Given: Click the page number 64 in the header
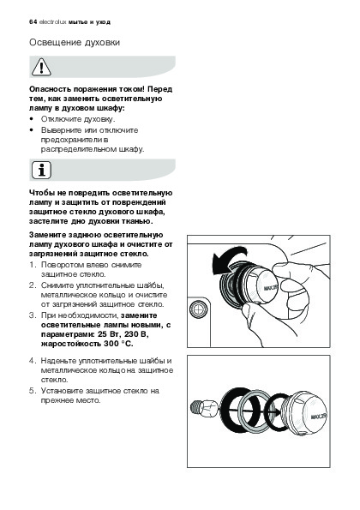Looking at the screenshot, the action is (x=33, y=22).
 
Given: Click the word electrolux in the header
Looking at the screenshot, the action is (x=52, y=22).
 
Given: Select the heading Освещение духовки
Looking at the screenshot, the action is (x=75, y=43).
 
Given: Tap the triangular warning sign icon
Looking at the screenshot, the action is (x=41, y=67).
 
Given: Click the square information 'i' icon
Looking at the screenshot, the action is (x=41, y=170).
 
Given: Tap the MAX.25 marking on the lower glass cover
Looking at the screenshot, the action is (x=318, y=417).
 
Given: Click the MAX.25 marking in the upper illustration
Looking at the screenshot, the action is (x=271, y=287).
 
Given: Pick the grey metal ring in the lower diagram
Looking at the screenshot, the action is (x=255, y=409).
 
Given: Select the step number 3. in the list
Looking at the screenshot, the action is (x=32, y=315).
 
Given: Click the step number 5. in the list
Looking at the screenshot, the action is (x=32, y=391).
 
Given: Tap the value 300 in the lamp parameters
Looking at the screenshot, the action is (x=111, y=344).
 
